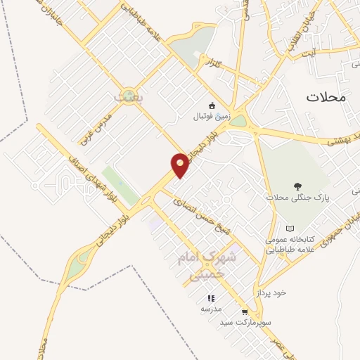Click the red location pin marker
point(181,165)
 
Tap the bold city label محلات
point(326,97)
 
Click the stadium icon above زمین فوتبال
point(213,105)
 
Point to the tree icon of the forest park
point(298,186)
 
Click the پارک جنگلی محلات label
point(298,198)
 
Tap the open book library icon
point(290,229)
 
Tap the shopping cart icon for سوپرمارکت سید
point(245,311)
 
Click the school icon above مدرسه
point(212,298)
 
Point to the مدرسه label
point(212,309)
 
